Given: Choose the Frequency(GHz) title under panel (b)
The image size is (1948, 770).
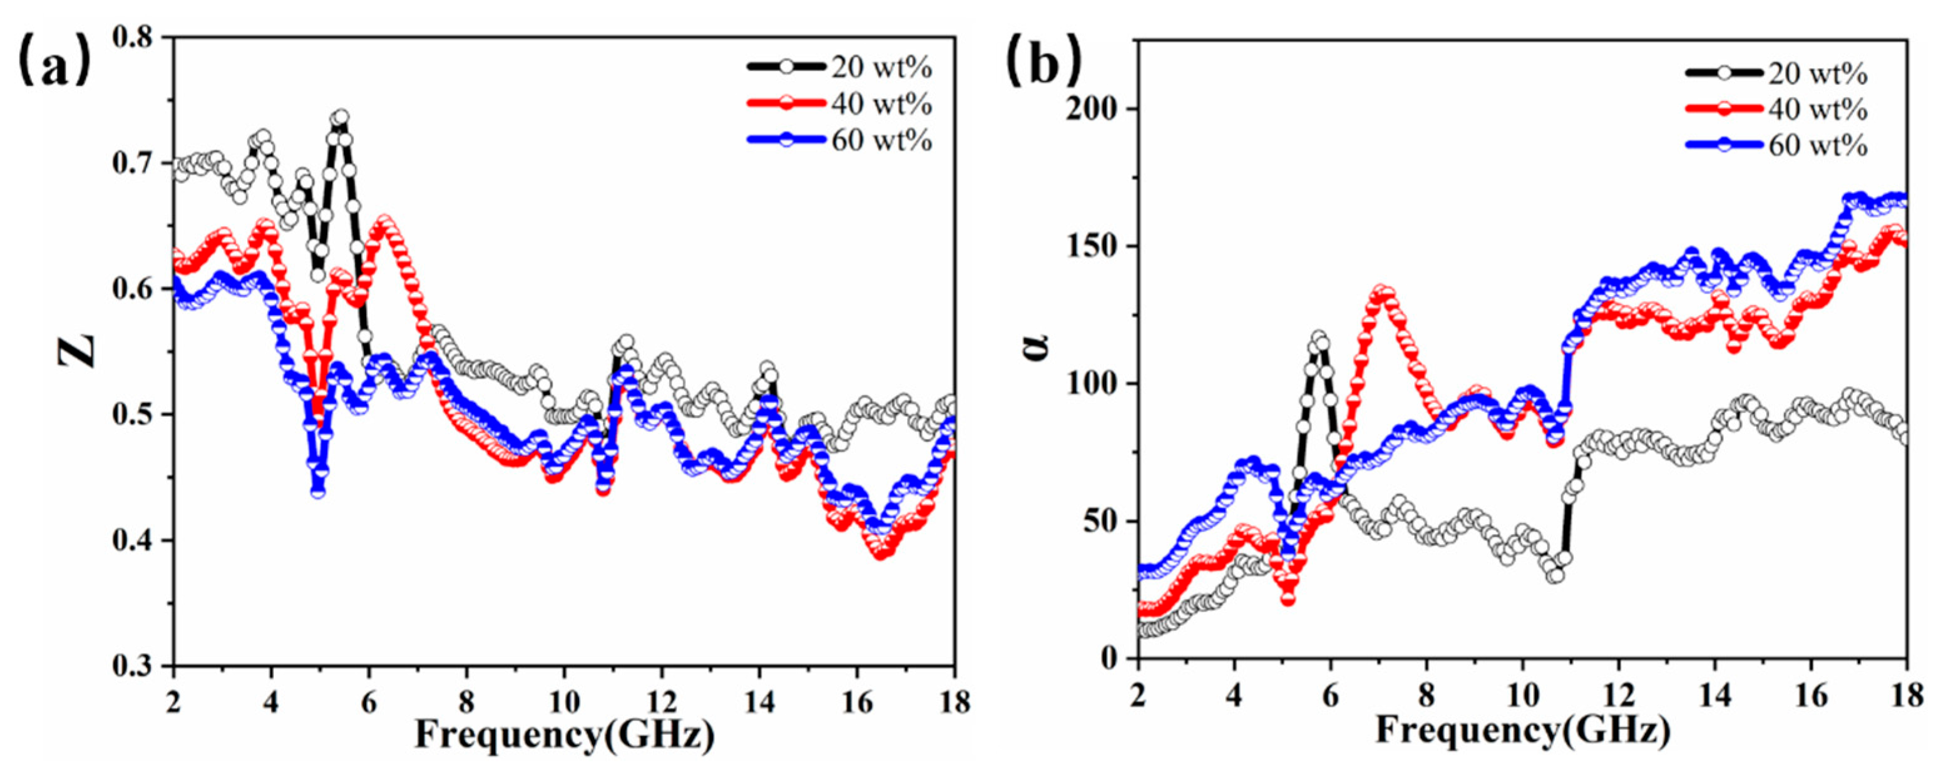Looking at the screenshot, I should coord(1522,730).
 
